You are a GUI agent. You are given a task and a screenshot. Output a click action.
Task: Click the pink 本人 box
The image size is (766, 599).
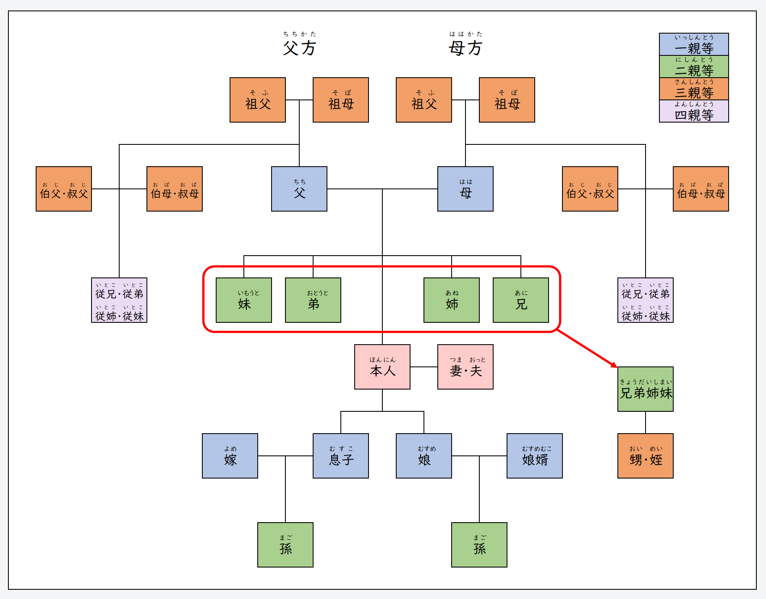tap(382, 367)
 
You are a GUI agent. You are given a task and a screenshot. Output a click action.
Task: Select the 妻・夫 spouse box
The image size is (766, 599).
tap(465, 367)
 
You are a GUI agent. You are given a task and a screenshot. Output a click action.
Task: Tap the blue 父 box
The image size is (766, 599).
tap(299, 189)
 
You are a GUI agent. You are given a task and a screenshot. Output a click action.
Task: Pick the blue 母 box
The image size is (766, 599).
tap(465, 189)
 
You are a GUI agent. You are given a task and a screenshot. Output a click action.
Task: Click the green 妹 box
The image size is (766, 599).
tap(243, 300)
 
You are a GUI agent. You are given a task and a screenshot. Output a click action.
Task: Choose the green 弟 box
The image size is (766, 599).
tap(313, 300)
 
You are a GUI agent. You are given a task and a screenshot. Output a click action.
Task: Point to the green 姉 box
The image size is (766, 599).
tap(451, 300)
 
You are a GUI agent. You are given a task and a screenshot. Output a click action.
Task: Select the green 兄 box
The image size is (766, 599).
tap(520, 300)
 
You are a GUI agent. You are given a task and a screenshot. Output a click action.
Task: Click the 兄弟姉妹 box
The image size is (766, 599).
tap(645, 389)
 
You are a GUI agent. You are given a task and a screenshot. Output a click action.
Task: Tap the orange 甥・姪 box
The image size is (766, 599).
tap(645, 456)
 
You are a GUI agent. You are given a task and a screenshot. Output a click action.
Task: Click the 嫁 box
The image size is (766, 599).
tap(230, 456)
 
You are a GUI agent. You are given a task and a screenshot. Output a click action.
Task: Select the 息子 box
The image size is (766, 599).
tap(340, 456)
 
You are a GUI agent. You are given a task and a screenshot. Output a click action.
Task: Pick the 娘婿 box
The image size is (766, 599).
tap(534, 456)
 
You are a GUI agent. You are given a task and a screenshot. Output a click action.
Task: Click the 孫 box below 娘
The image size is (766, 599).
tap(479, 545)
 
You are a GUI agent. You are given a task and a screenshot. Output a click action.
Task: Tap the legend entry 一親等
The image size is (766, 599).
tap(693, 44)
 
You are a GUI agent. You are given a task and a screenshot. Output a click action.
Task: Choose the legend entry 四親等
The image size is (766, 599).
tap(693, 111)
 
